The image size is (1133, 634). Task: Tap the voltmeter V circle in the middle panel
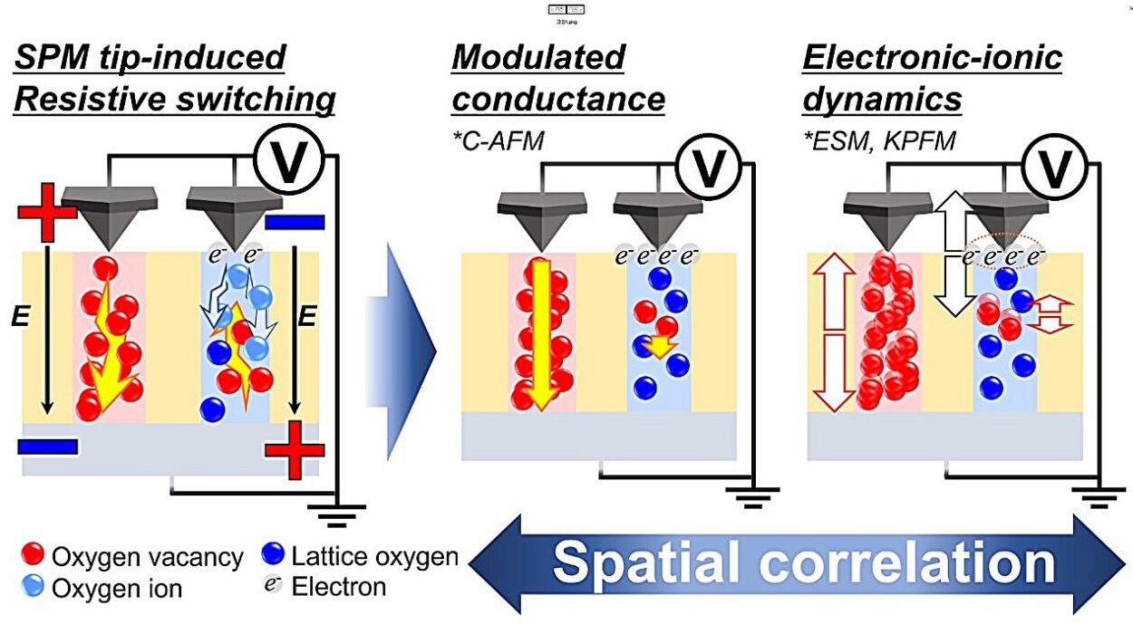710,168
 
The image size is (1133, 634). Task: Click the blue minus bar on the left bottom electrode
47,446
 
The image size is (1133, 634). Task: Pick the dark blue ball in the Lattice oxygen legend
271,554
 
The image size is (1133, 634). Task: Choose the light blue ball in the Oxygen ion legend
34,588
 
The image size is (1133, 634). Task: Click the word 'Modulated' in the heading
537,58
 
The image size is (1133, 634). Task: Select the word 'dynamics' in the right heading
882,99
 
